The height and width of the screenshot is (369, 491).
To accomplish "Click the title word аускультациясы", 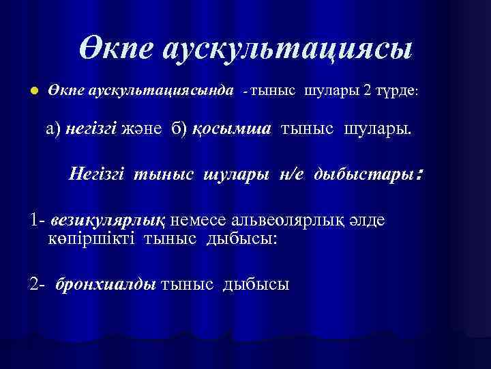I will [287, 51].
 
